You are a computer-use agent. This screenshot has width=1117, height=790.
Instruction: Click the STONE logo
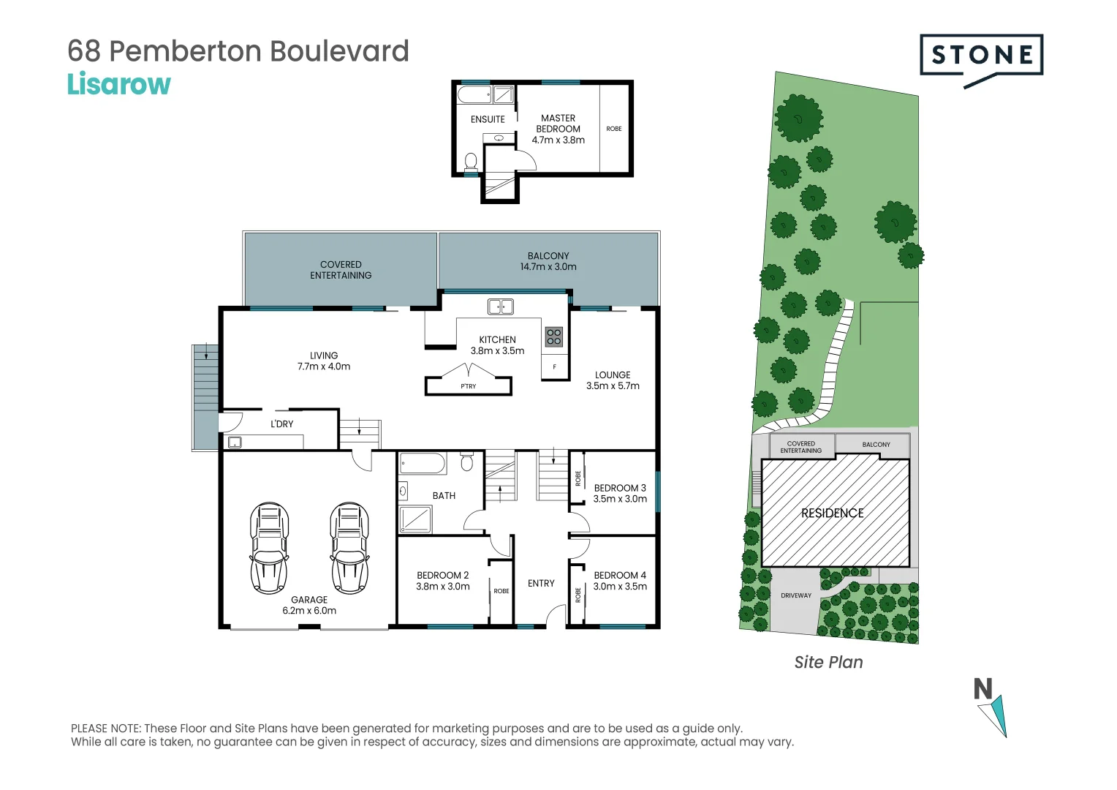[981, 56]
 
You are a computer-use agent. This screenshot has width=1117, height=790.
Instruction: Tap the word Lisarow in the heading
[118, 85]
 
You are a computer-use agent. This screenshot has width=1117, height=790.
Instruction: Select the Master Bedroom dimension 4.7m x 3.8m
[558, 140]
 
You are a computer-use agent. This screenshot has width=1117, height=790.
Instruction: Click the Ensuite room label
[488, 119]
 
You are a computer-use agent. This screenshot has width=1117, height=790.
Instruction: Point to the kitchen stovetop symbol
[554, 336]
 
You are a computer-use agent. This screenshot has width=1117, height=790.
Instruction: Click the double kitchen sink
[501, 306]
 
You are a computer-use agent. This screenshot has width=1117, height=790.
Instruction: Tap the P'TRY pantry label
[469, 386]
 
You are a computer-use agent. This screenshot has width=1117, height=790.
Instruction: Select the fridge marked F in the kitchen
[555, 367]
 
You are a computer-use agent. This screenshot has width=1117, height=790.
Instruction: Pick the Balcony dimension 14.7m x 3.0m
[548, 267]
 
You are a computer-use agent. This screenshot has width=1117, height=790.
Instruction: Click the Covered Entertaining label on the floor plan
[341, 270]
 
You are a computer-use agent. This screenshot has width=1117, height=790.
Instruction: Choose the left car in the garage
[269, 548]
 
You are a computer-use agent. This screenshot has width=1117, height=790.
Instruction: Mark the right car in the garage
[349, 548]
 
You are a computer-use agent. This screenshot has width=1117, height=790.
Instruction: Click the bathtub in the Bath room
[423, 464]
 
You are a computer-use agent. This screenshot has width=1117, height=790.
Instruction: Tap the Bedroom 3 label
[620, 488]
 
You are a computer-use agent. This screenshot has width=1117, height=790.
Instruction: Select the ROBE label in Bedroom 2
[501, 591]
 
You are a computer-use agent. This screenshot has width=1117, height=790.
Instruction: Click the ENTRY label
[541, 583]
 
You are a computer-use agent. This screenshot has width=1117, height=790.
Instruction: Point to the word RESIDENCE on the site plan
[832, 513]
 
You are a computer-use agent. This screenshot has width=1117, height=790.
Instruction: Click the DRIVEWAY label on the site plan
[796, 595]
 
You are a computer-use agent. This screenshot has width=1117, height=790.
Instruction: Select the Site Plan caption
[828, 662]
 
